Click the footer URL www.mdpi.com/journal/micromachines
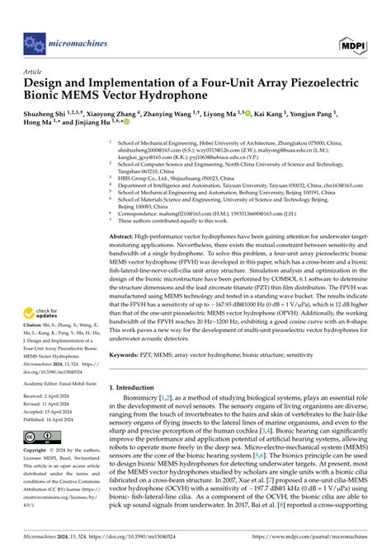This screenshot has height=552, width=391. (323, 545)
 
